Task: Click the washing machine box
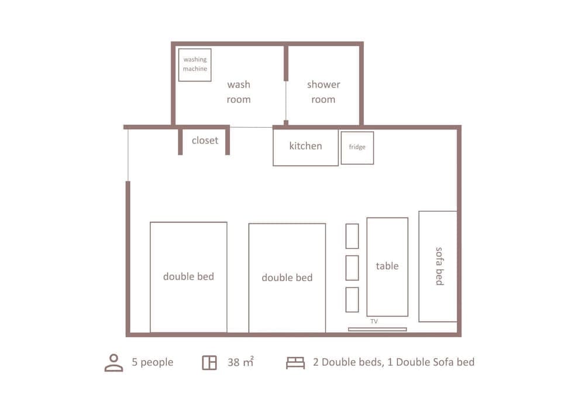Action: [x=195, y=64]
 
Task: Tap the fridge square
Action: [x=357, y=148]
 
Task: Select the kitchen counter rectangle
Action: [x=305, y=146]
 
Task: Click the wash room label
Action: [x=239, y=92]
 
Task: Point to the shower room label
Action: [x=324, y=92]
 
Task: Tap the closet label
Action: [x=205, y=141]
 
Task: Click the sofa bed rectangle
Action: [x=438, y=266]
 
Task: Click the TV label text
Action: [x=374, y=321]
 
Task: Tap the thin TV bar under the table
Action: [x=377, y=329]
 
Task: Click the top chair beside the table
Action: [x=352, y=236]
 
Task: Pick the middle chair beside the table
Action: [x=352, y=268]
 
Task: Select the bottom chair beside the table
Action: [x=352, y=299]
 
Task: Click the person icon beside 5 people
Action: [x=113, y=362]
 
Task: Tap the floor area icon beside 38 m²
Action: [x=209, y=362]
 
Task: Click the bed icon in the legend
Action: [x=295, y=363]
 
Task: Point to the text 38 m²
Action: [x=240, y=362]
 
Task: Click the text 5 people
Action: [x=153, y=362]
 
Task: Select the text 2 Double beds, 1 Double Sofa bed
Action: [x=394, y=362]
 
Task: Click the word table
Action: [x=387, y=266]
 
